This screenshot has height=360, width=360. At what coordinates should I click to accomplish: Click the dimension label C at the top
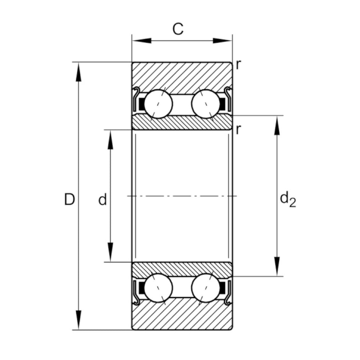pos(178,29)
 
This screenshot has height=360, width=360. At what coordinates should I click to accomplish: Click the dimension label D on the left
pos(69,199)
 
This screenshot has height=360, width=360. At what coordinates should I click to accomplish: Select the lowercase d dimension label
pos(102,200)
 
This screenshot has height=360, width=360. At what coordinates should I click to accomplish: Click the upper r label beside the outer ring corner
pos(238,65)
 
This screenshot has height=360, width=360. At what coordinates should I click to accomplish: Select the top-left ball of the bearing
pos(158,104)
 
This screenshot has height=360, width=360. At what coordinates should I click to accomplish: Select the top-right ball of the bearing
pos(206,104)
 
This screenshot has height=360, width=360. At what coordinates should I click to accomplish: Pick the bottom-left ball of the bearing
pos(158,288)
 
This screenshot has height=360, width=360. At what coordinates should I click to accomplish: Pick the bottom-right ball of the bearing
pos(206,288)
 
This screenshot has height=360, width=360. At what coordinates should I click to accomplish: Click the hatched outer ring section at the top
pos(182,76)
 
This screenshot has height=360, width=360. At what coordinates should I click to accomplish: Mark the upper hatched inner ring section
pos(182,122)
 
